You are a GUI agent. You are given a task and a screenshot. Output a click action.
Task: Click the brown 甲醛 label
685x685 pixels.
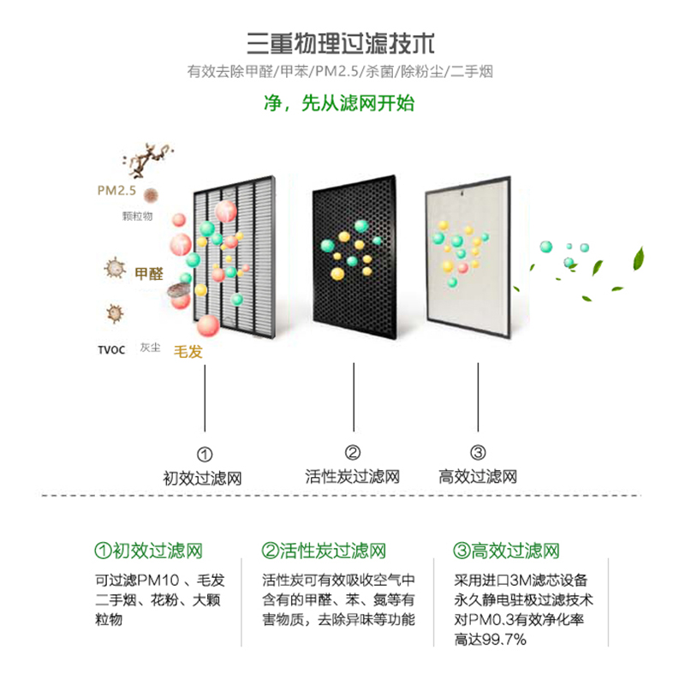148,273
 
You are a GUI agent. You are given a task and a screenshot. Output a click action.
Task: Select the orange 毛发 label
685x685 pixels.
188,350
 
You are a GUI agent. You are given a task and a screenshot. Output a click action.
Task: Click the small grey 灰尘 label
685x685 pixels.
150,348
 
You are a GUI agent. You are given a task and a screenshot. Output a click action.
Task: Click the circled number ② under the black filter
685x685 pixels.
352,453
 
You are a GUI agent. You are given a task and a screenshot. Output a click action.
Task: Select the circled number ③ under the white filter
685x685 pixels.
478,453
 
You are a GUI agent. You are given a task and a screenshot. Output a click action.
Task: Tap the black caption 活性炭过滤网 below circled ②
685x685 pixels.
352,476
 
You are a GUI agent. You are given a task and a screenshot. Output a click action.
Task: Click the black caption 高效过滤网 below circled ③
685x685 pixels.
478,476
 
